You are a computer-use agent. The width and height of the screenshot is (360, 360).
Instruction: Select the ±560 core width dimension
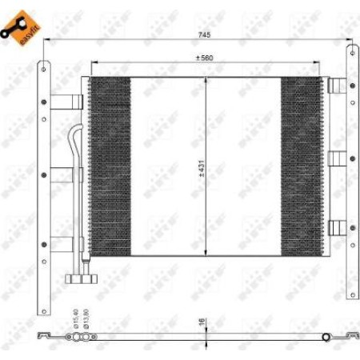tap(207, 58)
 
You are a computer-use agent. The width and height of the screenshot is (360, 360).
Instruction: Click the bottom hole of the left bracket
tap(43, 276)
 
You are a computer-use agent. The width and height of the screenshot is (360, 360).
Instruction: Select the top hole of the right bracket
tap(350, 54)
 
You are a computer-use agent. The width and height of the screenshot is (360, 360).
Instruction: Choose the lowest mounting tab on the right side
tap(336, 228)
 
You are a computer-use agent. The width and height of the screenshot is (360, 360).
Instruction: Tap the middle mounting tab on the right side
tap(336, 158)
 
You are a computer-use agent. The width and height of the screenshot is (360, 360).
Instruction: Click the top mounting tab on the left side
tap(67, 102)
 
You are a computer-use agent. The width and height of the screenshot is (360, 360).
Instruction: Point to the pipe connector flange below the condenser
tap(79, 278)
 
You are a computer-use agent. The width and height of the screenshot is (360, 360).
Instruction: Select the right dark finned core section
tap(300, 167)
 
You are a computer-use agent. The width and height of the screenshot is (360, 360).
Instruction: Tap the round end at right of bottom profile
tap(326, 338)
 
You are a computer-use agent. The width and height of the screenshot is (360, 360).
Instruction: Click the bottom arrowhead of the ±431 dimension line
tap(207, 254)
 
